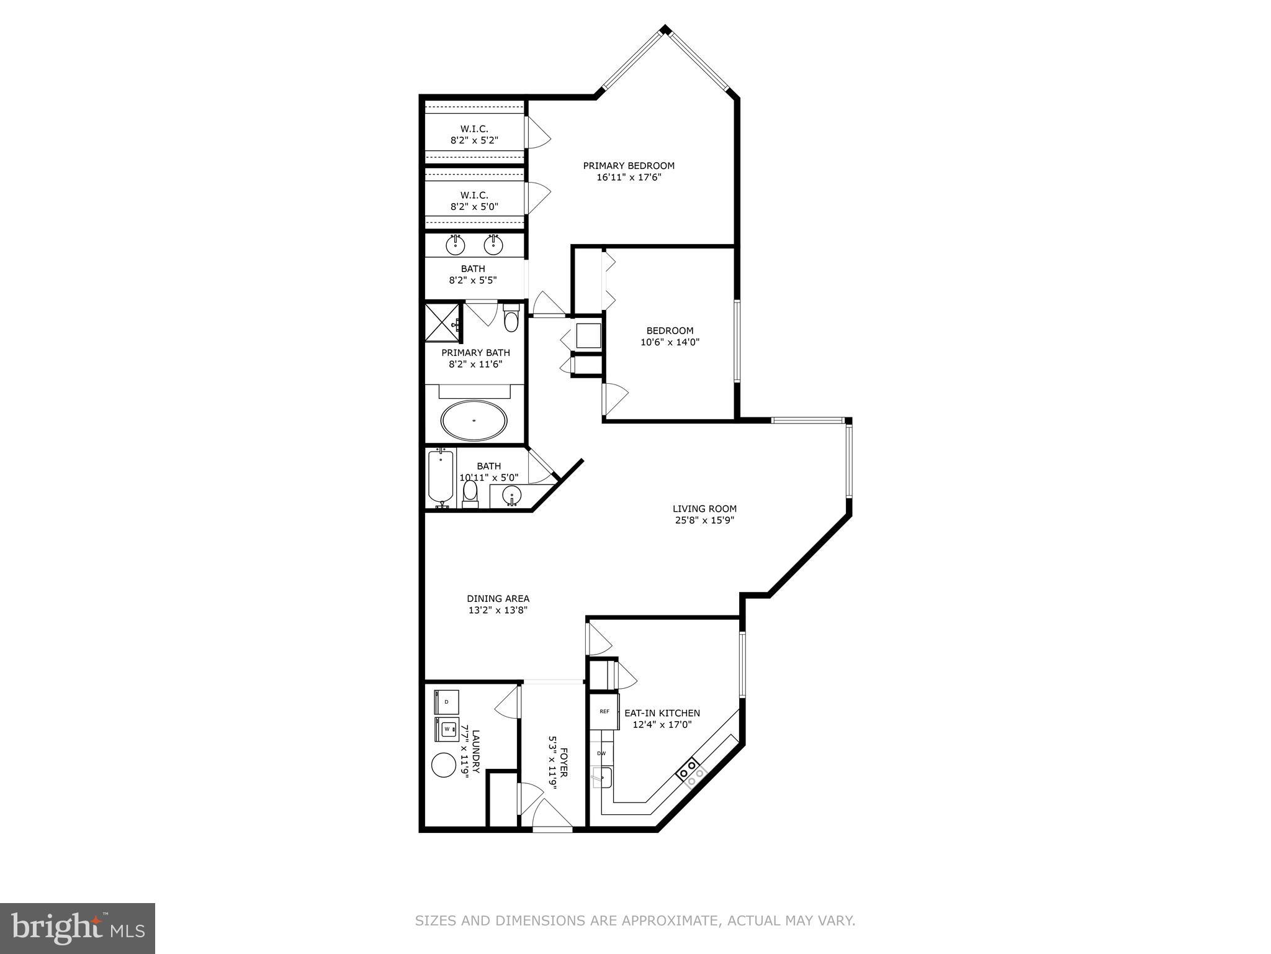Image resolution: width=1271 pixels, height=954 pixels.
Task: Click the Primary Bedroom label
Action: pyautogui.click(x=629, y=166)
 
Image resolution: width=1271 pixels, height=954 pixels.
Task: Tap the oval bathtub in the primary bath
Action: pyautogui.click(x=474, y=420)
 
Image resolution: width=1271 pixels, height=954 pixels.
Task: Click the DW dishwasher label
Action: pyautogui.click(x=601, y=753)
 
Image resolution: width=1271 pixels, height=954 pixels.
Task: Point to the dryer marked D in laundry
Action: pyautogui.click(x=446, y=702)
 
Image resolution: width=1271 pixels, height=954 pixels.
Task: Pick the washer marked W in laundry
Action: pyautogui.click(x=446, y=729)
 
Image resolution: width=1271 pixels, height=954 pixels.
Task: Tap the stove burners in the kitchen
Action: pyautogui.click(x=691, y=772)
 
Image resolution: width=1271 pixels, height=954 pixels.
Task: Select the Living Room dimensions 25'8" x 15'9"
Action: pyautogui.click(x=704, y=520)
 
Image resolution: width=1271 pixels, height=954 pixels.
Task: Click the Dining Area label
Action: pyautogui.click(x=498, y=599)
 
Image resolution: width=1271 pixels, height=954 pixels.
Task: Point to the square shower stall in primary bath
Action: pyautogui.click(x=443, y=322)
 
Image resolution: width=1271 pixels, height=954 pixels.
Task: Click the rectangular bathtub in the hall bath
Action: pyautogui.click(x=441, y=477)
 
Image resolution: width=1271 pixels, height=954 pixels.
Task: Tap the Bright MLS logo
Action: pyautogui.click(x=78, y=929)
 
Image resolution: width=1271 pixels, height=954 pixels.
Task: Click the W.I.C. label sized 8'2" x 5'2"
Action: pyautogui.click(x=474, y=135)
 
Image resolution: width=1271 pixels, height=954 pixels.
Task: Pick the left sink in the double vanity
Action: pyautogui.click(x=456, y=245)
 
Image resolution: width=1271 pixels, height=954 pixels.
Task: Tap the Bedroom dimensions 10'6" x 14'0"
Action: pyautogui.click(x=670, y=342)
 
